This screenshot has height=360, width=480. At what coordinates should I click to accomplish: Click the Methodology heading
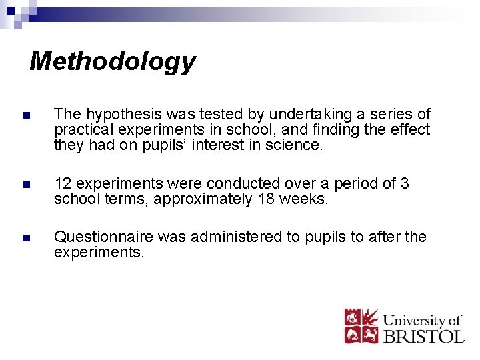113,61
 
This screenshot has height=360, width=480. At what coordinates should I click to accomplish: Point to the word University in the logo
413,319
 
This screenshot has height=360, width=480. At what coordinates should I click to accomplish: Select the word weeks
305,199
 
